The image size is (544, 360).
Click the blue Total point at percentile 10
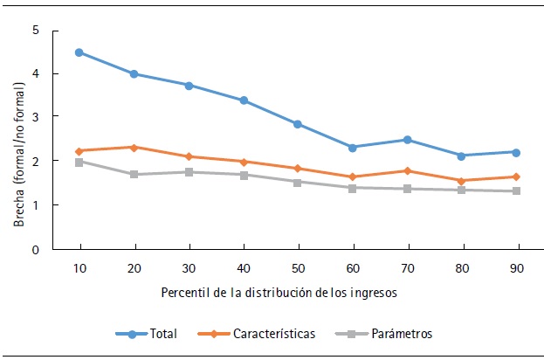click(x=79, y=52)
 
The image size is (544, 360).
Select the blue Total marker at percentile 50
click(x=297, y=124)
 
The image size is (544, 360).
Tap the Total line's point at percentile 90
click(x=515, y=152)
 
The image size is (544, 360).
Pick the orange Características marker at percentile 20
click(x=134, y=147)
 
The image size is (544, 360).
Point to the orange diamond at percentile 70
click(x=406, y=170)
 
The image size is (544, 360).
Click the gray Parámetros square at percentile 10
click(x=79, y=162)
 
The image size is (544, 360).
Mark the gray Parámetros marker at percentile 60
click(x=352, y=188)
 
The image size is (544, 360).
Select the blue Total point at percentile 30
click(x=188, y=85)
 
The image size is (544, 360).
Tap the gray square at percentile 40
click(x=243, y=175)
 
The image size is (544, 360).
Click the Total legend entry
click(x=146, y=333)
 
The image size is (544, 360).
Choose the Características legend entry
click(x=267, y=333)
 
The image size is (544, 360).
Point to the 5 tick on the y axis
click(x=36, y=31)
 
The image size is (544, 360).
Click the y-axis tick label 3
click(x=36, y=117)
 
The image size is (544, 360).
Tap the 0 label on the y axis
click(x=36, y=250)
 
